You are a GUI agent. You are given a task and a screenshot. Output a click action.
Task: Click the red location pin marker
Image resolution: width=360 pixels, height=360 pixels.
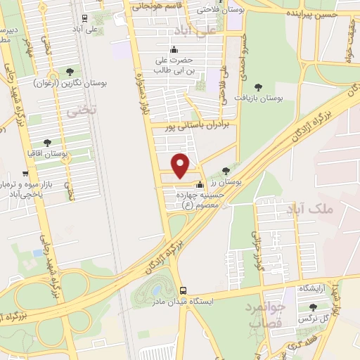tap(181, 165)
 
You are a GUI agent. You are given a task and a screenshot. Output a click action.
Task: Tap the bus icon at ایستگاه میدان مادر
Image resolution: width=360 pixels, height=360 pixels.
tap(184, 290)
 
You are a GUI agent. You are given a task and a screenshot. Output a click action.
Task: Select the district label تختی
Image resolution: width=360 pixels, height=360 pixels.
tap(73, 110)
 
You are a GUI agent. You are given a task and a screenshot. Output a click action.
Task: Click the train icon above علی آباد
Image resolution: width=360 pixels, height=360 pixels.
tap(84, 18)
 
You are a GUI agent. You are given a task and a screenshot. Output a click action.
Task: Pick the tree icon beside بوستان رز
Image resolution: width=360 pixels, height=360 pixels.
tap(225, 170)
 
